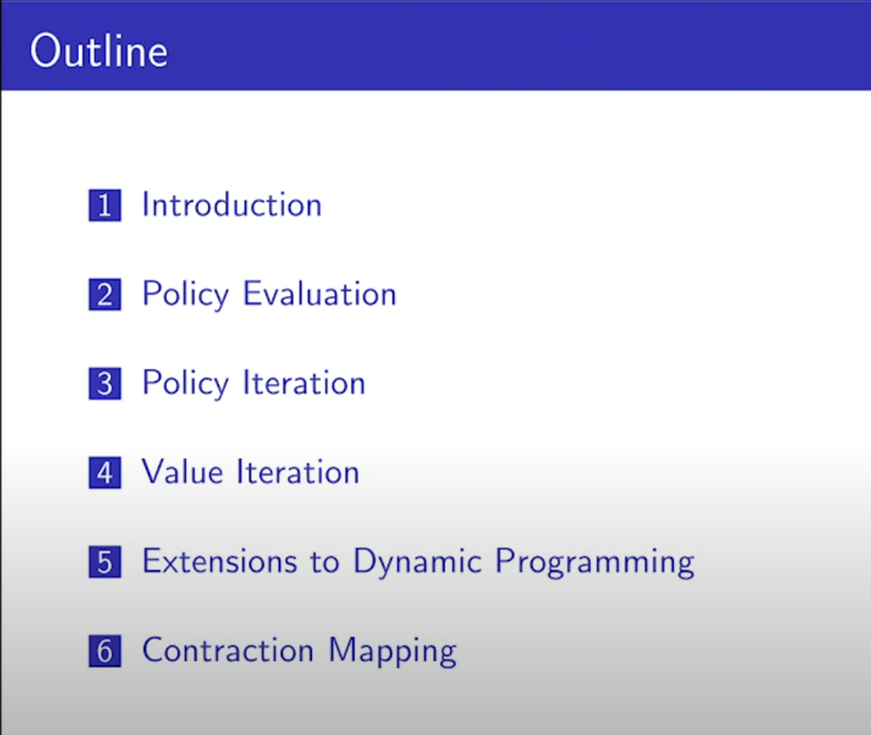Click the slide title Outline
[x=98, y=50]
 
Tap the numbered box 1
[x=105, y=205]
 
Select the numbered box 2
[x=105, y=294]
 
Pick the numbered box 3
[x=105, y=384]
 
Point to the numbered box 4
[x=105, y=473]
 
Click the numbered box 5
[x=105, y=562]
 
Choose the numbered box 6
[x=105, y=650]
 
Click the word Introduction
[x=232, y=204]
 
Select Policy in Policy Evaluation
[x=185, y=294]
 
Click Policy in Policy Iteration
[x=185, y=384]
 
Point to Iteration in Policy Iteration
[x=304, y=382]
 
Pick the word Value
[x=183, y=472]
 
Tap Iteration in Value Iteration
[x=299, y=472]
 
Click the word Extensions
[x=220, y=561]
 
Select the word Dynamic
[x=418, y=563]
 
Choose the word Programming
[x=595, y=563]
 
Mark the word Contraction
[x=228, y=650]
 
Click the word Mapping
[x=393, y=652]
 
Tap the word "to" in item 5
[x=325, y=563]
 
